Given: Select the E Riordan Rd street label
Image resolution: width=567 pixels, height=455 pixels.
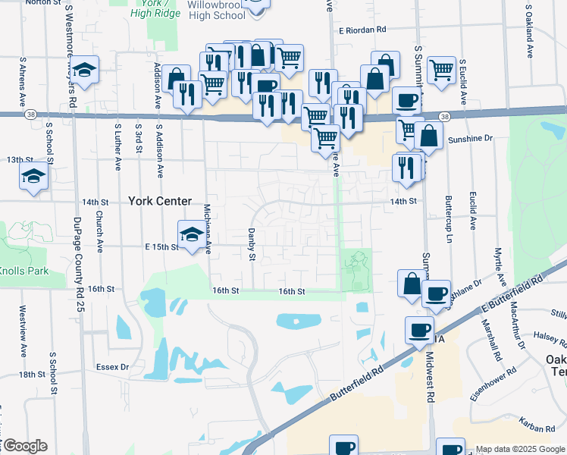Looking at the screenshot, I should tap(363, 30).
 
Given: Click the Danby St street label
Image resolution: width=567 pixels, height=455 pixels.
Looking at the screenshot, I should tap(251, 245).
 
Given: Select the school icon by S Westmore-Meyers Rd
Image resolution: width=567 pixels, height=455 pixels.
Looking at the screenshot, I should tap(86, 70).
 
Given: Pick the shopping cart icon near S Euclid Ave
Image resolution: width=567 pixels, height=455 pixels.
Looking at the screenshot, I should tap(440, 69).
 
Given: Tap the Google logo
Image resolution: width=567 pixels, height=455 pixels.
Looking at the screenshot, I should tap(25, 446).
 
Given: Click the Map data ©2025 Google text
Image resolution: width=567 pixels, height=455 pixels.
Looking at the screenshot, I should tap(520, 449).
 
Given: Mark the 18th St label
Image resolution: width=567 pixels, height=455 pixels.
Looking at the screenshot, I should tap(33, 375).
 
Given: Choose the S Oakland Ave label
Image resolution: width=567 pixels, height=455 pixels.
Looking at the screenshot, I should tap(528, 32).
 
